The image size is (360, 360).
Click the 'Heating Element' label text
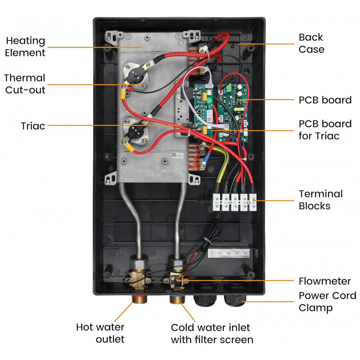pos(26,47)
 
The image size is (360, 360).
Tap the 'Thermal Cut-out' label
pos(24,84)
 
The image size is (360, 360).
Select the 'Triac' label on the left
pos(33,126)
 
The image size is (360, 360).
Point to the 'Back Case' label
pos(311,43)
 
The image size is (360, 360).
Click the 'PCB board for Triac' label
pos(325,130)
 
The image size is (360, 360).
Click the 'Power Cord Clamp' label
pos(327,302)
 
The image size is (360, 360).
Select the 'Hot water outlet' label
pos(100,333)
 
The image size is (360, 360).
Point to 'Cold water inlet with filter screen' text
pos(212,333)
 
